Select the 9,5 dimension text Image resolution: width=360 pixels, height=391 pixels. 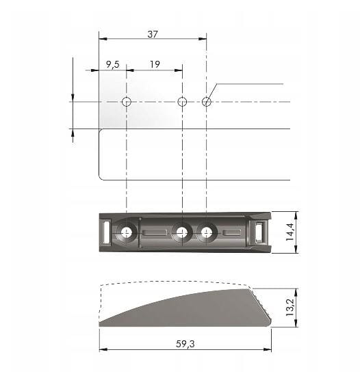[x=112, y=64]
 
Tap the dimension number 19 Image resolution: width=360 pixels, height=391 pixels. [x=155, y=64]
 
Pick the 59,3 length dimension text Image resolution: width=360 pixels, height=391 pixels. [x=185, y=344]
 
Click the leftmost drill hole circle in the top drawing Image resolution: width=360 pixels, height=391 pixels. [x=126, y=102]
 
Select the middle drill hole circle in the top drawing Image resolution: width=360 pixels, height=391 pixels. [x=182, y=102]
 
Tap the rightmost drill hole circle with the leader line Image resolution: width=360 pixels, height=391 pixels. [x=207, y=102]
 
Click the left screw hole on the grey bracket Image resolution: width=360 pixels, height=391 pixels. [x=126, y=233]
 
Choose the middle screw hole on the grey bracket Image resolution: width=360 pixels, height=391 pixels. [x=181, y=233]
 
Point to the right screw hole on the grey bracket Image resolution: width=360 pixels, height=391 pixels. [x=206, y=233]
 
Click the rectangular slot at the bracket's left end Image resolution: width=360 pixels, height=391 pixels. [x=106, y=232]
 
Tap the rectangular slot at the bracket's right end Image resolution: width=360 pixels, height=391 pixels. [x=259, y=232]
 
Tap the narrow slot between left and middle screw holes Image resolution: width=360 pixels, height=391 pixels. [x=154, y=233]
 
